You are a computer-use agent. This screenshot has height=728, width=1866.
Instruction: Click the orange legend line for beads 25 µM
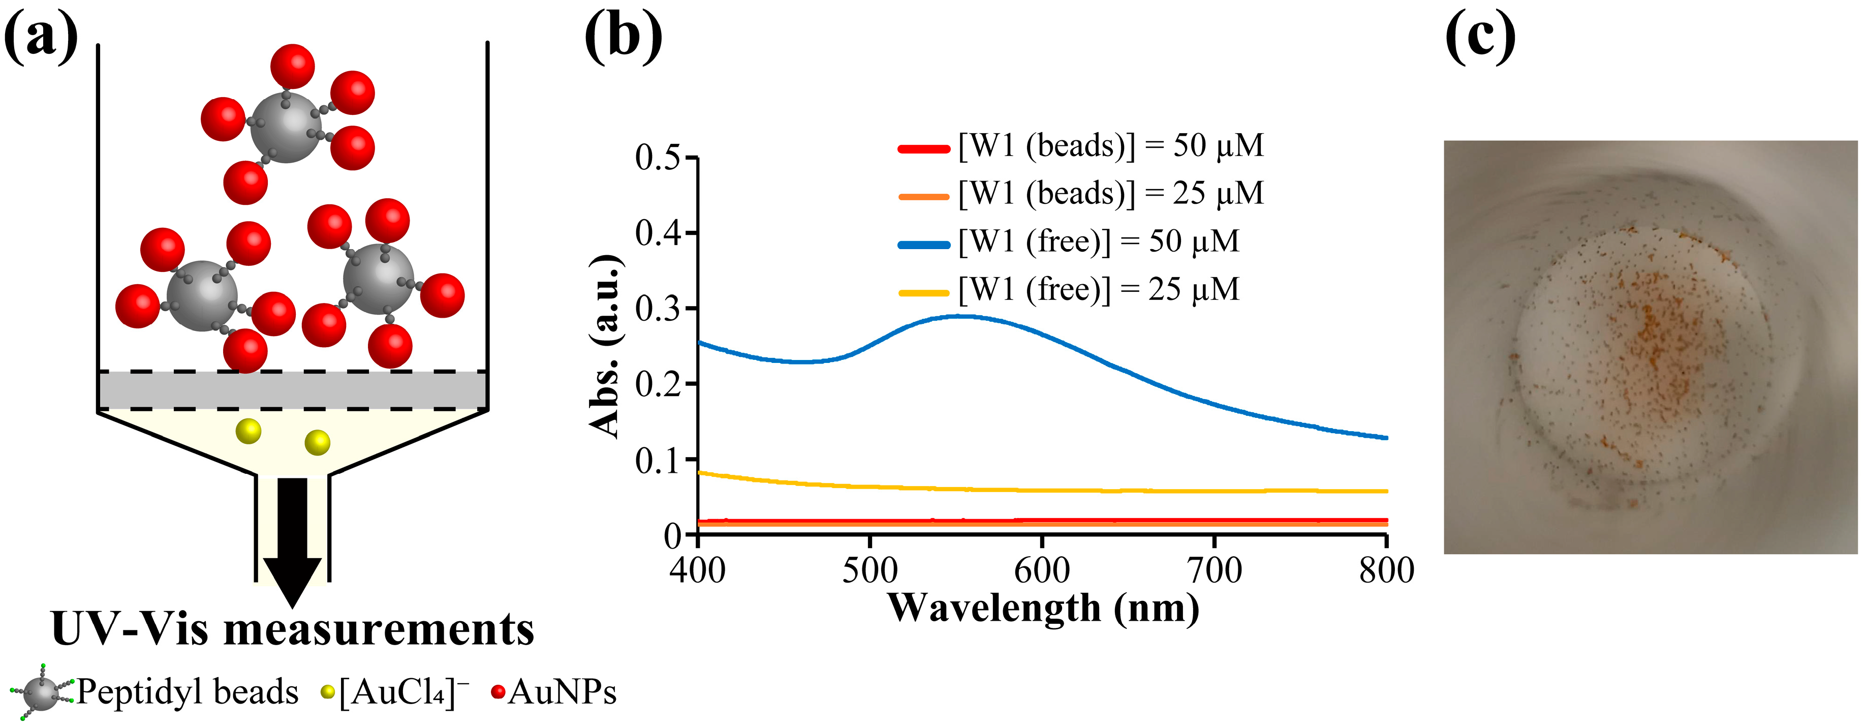923,196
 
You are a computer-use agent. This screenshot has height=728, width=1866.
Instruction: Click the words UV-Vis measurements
293,629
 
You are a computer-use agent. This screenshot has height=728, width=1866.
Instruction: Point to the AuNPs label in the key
562,692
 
